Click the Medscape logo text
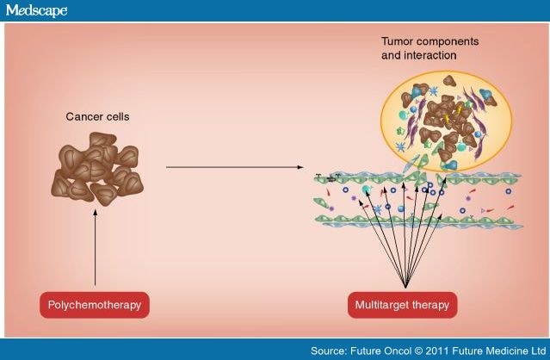coord(36,10)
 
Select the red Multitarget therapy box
coord(402,304)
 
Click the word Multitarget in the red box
coord(384,304)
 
